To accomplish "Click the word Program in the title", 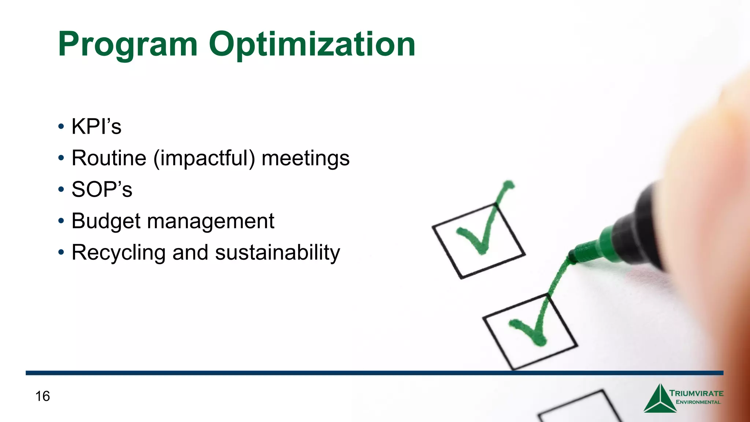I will click(x=128, y=45).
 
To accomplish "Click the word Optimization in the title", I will click(x=312, y=45).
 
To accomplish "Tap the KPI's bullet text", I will click(x=96, y=127).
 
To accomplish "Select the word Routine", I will click(x=109, y=158).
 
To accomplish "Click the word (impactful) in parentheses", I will click(x=204, y=158).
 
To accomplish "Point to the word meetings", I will click(x=305, y=158).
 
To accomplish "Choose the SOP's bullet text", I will click(x=102, y=190).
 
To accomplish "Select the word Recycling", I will click(x=119, y=253).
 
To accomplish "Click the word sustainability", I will click(x=278, y=253).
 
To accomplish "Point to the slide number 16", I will click(x=42, y=396).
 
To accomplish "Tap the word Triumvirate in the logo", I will click(x=697, y=393).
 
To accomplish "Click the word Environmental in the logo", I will click(x=698, y=402).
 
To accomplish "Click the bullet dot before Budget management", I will click(x=61, y=221).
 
